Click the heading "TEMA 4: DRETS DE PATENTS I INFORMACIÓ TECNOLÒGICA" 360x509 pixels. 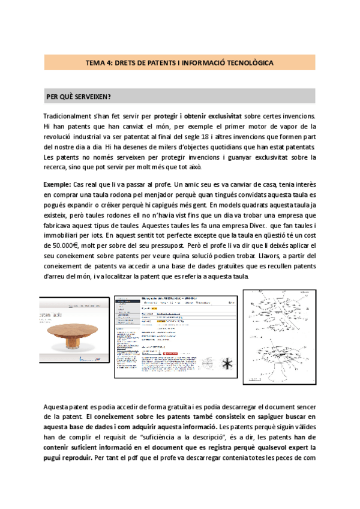pyautogui.click(x=179, y=62)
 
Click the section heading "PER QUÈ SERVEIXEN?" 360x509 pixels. pyautogui.click(x=78, y=96)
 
